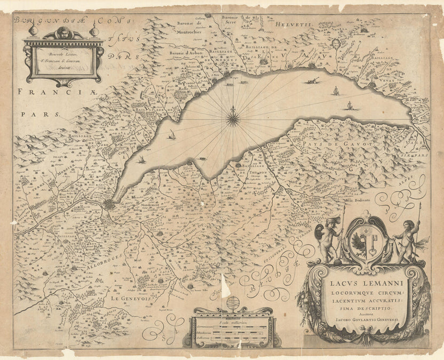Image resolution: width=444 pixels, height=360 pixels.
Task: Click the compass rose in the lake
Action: click(233, 117)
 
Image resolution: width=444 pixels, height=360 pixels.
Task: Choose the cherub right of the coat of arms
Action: click(408, 239)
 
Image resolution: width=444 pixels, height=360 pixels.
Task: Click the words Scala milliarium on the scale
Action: click(231, 322)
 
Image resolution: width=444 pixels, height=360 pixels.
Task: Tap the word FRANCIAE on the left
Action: click(51, 92)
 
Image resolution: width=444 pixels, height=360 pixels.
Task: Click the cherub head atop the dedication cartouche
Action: click(64, 32)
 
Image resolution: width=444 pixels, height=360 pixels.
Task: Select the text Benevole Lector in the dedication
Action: click(62, 54)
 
